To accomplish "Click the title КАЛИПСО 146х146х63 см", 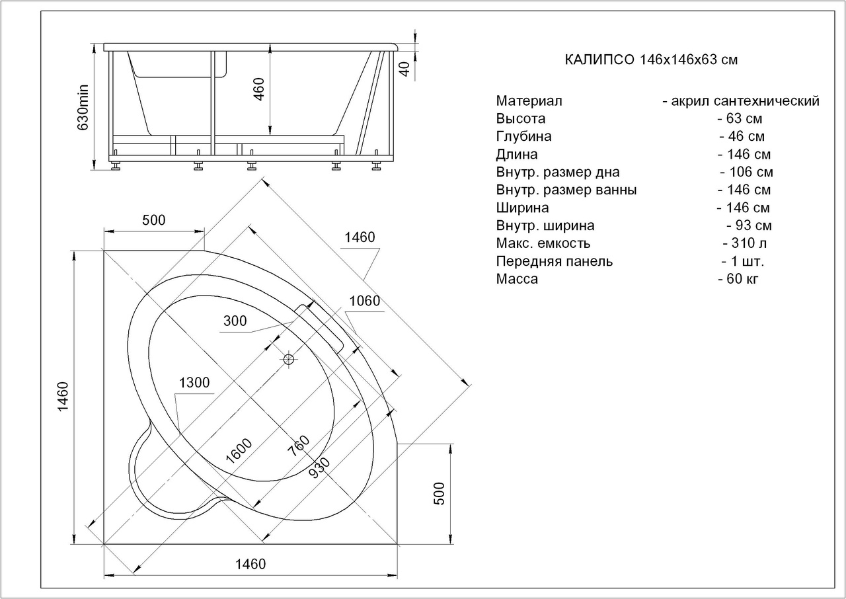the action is pyautogui.click(x=651, y=60).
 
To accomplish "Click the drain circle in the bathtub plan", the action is pyautogui.click(x=289, y=359).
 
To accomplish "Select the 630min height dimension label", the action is pyautogui.click(x=83, y=107).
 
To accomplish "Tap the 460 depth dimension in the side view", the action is pyautogui.click(x=258, y=89).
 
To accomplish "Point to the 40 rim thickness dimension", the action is pyautogui.click(x=404, y=69).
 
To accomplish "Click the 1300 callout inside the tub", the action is pyautogui.click(x=194, y=383).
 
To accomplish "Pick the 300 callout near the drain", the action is pyautogui.click(x=235, y=321).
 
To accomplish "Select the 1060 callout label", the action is pyautogui.click(x=364, y=301).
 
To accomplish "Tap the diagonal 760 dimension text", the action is pyautogui.click(x=298, y=446).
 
